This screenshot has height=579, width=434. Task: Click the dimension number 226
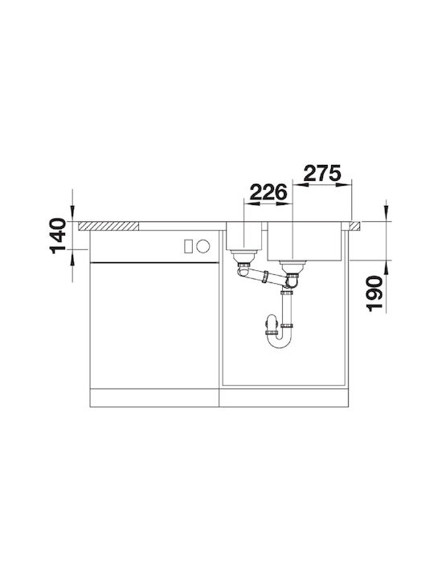click(x=268, y=192)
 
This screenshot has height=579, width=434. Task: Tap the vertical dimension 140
click(x=58, y=236)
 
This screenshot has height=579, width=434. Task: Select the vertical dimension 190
click(x=374, y=294)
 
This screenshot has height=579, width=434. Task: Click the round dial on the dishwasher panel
click(x=203, y=246)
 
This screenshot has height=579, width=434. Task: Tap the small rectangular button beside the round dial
click(x=188, y=246)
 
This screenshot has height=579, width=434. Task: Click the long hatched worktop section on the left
click(x=108, y=226)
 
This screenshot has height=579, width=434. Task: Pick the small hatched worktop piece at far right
click(x=355, y=226)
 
